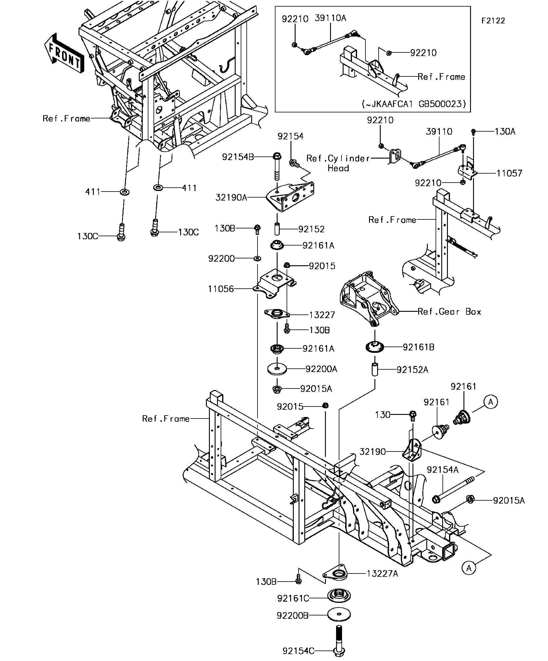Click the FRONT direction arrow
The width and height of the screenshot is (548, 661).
(64, 53)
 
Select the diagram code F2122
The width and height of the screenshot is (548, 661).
(493, 21)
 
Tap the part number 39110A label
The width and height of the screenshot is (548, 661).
(330, 18)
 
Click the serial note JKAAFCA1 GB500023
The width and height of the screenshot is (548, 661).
(414, 104)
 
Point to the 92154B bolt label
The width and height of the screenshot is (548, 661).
(238, 157)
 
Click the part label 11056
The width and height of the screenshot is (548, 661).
(221, 289)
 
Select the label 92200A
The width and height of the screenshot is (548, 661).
(321, 369)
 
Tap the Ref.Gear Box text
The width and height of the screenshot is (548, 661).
(449, 312)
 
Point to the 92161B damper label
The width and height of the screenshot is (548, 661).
(418, 347)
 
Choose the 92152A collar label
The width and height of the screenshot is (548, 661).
(412, 370)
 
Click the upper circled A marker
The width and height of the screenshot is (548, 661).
(490, 402)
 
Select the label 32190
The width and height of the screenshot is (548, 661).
(373, 452)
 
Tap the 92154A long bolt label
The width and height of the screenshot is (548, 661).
(442, 470)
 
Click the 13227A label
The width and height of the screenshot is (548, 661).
(383, 574)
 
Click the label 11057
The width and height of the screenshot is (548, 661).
(510, 173)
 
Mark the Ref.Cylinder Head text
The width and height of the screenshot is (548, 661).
(338, 163)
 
